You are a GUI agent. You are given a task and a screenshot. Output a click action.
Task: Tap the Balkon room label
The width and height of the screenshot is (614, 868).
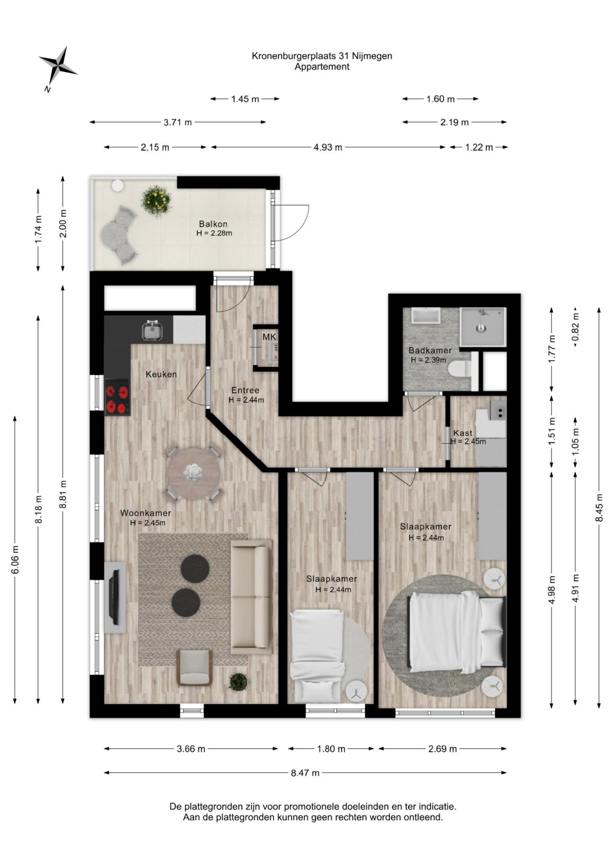point(213,224)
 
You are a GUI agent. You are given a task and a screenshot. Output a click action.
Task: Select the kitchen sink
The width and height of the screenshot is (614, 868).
point(152,330)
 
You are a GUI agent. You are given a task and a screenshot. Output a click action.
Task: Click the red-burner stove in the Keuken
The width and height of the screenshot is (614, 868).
point(118,397)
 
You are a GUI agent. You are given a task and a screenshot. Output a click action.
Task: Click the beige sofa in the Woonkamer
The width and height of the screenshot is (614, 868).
point(251,597)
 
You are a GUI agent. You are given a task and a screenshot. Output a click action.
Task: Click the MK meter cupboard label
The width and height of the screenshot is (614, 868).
point(269,337)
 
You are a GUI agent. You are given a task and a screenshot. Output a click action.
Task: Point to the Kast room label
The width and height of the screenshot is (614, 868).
point(463,433)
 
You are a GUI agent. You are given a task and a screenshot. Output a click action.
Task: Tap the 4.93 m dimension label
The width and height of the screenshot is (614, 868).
point(328,147)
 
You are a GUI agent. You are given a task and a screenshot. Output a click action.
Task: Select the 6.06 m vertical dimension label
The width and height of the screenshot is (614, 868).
point(15,560)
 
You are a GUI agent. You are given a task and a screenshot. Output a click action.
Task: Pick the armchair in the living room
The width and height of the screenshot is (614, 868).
point(194,667)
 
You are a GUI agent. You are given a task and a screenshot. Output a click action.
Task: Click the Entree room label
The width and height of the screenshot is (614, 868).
point(245,390)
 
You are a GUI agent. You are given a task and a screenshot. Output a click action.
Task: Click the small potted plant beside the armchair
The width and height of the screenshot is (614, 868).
point(238,681)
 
